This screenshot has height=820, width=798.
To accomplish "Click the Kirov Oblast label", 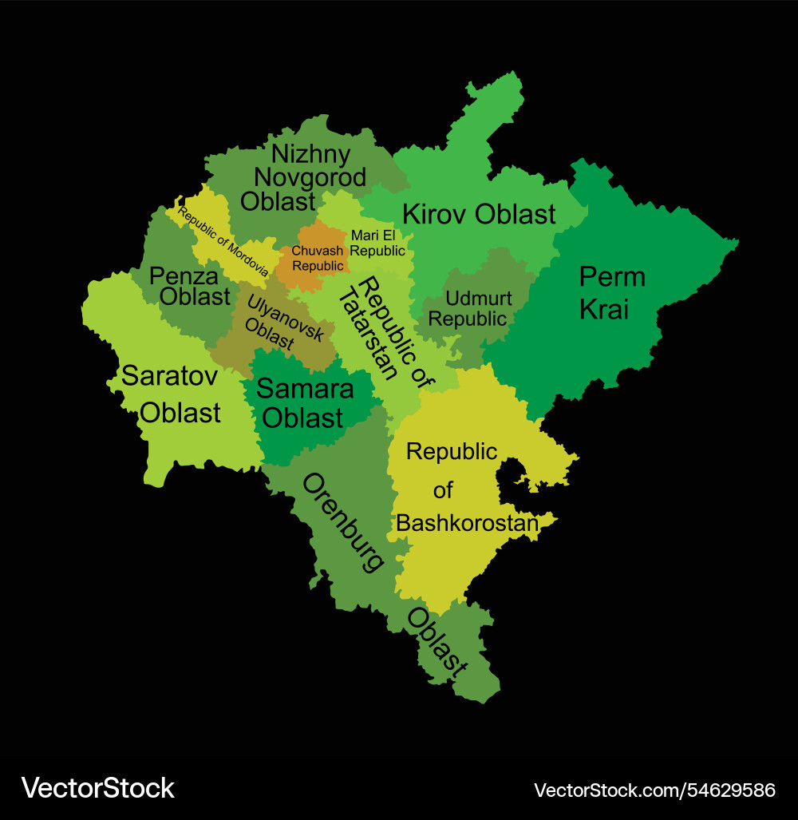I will tap(479, 214).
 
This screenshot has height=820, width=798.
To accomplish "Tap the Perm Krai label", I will tap(611, 293).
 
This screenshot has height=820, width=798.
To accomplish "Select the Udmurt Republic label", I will tap(468, 308).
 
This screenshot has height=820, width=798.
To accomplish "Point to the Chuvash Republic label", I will tap(318, 257).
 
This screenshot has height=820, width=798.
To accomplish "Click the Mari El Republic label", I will tap(377, 243).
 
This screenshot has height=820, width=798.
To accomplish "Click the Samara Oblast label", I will tap(304, 403).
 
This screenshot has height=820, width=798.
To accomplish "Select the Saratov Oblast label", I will tap(170, 394).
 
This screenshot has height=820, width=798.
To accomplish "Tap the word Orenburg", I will tap(342, 522).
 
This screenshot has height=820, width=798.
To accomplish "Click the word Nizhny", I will tap(310, 153).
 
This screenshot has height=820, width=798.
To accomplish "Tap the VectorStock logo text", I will tap(97, 788).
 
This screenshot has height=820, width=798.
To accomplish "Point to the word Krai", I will tap(603, 309).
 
